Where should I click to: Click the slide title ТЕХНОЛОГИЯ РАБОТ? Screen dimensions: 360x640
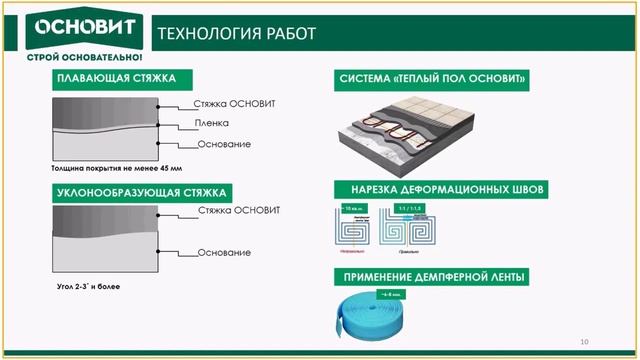tap(237, 35)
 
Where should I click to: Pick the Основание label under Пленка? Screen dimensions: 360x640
tap(223, 145)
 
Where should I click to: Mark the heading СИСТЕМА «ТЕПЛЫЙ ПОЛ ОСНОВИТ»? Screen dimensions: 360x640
tap(433, 79)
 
